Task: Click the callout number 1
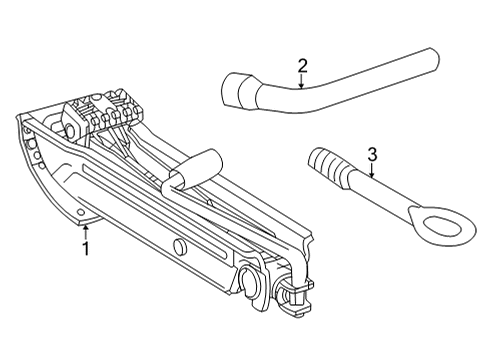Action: coord(86,249)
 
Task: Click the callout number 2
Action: coord(302,66)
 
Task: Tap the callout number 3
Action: coord(372,154)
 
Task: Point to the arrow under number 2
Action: coord(301,81)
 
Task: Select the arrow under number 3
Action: coord(372,170)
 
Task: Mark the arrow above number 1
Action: coord(86,232)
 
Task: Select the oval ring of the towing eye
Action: coord(442,226)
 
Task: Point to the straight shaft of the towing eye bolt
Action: coord(382,192)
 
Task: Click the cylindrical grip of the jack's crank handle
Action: coord(197,167)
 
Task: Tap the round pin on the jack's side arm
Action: coord(180,247)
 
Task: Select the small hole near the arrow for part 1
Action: coord(80,212)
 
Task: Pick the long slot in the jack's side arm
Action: coord(157,211)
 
